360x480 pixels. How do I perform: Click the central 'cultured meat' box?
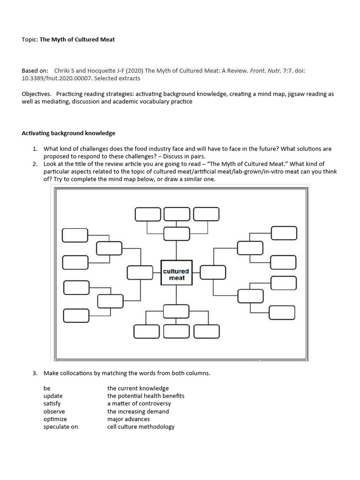pos(176,274)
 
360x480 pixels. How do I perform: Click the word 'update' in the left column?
pos(53,396)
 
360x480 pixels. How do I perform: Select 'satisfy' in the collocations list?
pos(52,404)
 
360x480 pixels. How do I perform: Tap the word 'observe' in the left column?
pos(54,412)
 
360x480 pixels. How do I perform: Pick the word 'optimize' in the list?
pos(55,419)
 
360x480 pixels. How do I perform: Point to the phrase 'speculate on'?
pos(60,427)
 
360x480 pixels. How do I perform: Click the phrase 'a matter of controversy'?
pos(139,404)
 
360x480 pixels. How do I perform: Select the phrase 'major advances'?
pos(128,419)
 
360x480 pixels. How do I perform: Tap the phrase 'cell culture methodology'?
pos(141,427)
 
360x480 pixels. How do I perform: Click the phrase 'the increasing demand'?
pos(138,412)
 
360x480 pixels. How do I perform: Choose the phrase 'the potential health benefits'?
pos(146,396)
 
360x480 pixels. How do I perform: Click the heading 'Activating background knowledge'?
pos(68,133)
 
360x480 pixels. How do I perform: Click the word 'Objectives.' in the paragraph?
pos(37,94)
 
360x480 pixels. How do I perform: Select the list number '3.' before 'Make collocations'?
pos(35,374)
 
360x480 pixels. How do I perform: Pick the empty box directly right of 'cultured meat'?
pos(213,272)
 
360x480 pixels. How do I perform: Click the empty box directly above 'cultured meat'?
pos(176,233)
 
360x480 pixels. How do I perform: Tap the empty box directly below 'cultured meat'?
pos(176,311)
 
